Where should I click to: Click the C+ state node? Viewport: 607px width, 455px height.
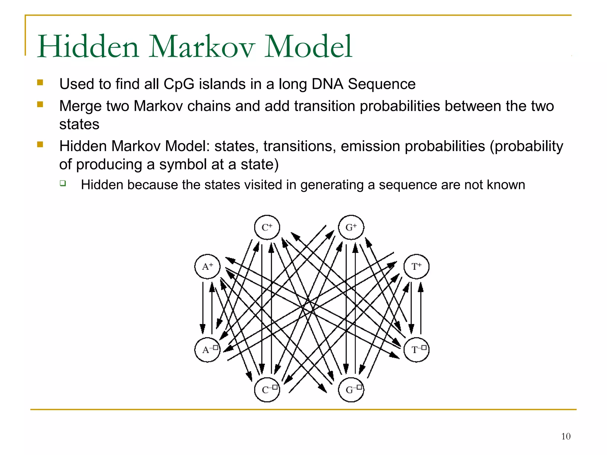[267, 227]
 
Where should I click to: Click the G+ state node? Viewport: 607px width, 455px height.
[351, 227]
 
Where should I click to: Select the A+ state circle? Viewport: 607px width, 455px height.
[207, 267]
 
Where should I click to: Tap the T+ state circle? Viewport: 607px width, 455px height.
[416, 267]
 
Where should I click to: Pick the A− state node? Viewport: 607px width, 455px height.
[207, 350]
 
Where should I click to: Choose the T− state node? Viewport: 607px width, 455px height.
[416, 350]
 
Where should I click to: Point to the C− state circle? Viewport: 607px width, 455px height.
[267, 390]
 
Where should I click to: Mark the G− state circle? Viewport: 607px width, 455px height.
[351, 390]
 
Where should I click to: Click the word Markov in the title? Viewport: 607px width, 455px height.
[202, 47]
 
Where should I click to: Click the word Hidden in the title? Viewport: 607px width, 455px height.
[88, 47]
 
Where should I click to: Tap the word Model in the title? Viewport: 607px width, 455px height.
[308, 47]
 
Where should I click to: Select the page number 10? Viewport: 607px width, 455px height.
[566, 436]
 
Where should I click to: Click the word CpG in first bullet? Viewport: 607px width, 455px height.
[179, 84]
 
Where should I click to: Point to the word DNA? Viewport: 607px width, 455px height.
[327, 84]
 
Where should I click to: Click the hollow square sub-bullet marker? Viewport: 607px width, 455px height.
[63, 183]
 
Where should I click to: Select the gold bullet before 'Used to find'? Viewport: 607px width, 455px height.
[40, 82]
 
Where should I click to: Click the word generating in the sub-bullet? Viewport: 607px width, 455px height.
[332, 185]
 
